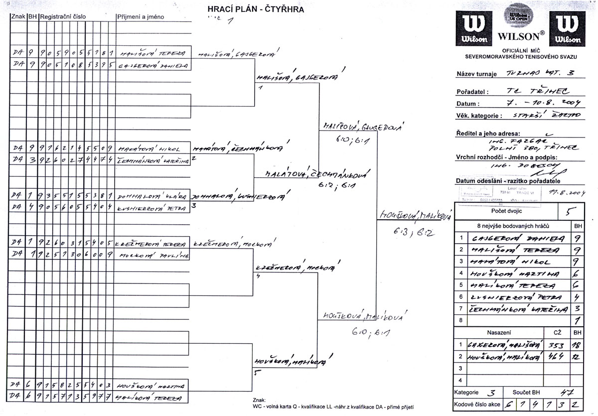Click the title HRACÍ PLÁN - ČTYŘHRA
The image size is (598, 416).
coord(256,9)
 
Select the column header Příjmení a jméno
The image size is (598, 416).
coord(140,17)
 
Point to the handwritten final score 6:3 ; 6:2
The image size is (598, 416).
coord(413,232)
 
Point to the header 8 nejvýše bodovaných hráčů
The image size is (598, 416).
coord(512,226)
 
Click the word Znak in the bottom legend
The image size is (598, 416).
coord(260,400)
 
